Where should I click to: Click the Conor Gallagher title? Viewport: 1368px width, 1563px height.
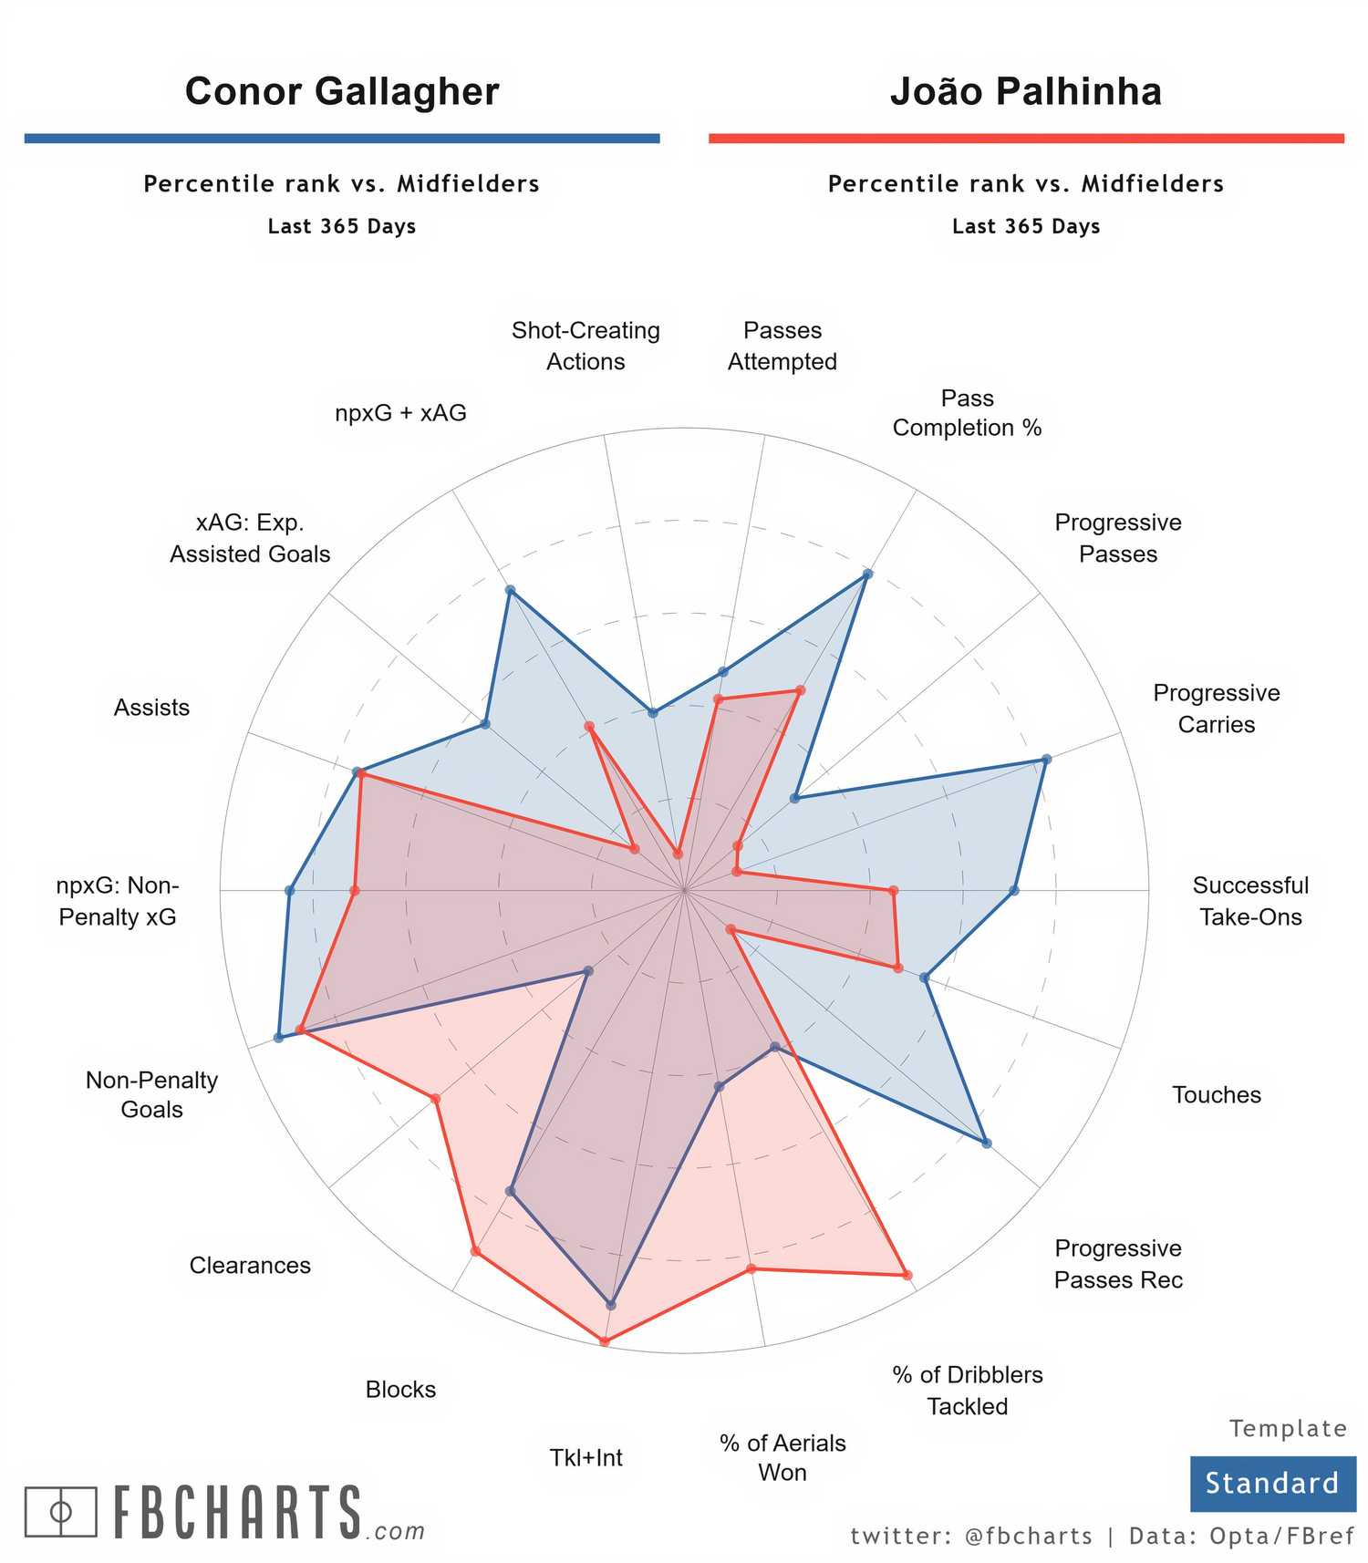[x=342, y=91]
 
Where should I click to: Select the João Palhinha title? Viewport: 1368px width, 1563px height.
[x=1026, y=91]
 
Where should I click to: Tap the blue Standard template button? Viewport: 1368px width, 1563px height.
[x=1271, y=1483]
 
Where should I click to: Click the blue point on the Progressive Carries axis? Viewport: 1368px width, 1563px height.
[x=1046, y=759]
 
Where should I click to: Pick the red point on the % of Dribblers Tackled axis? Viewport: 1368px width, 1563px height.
[x=907, y=1275]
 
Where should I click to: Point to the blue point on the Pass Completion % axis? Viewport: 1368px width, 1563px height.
[x=867, y=574]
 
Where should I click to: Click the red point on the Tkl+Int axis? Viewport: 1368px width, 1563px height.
[x=604, y=1340]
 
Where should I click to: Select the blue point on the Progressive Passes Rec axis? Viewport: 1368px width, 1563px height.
[x=986, y=1142]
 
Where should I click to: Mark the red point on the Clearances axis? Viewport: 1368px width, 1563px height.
[x=436, y=1098]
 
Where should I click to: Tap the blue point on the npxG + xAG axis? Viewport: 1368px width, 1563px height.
[x=510, y=590]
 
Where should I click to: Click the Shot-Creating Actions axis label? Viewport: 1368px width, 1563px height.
[x=586, y=346]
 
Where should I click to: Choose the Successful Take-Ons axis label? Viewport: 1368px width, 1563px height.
[x=1250, y=901]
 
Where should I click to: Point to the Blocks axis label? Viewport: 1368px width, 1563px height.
[x=400, y=1389]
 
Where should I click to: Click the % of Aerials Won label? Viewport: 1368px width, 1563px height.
[x=782, y=1457]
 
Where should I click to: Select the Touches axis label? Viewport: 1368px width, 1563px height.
[x=1217, y=1094]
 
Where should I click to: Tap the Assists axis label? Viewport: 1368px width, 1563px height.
[x=151, y=708]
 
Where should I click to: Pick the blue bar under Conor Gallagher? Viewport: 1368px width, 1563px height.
[x=342, y=139]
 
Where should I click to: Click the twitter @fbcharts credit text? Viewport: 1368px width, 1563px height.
[x=971, y=1537]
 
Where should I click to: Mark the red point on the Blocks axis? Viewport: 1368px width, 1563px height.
[x=475, y=1250]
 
